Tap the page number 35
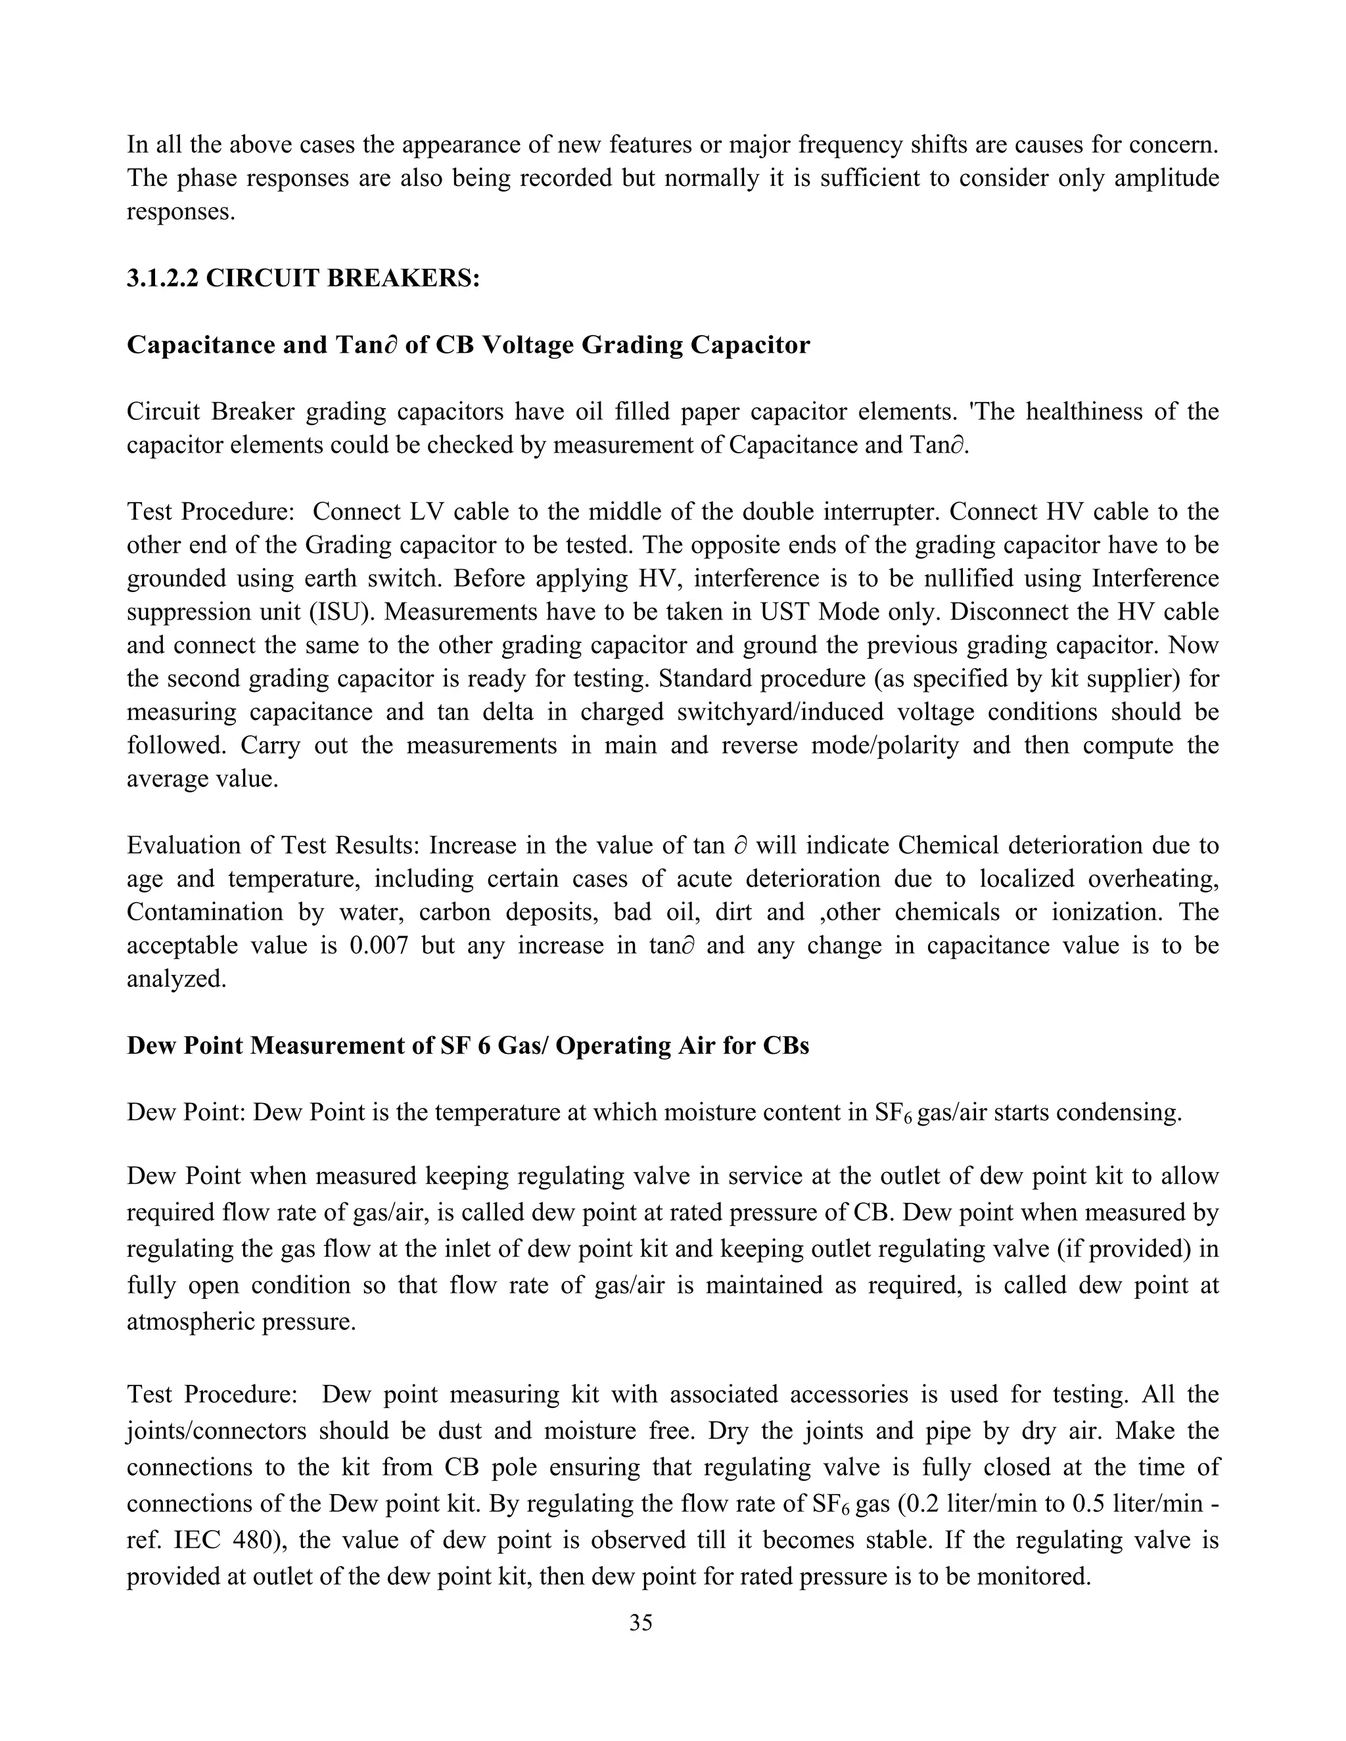[640, 1622]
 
